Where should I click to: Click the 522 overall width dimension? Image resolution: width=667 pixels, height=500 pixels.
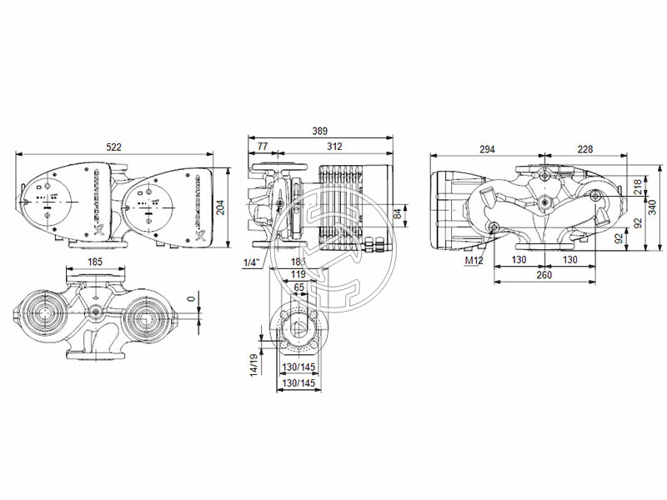click(x=113, y=147)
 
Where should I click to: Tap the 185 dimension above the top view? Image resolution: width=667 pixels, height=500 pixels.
click(x=94, y=262)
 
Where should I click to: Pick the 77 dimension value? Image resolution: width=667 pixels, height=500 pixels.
click(x=263, y=147)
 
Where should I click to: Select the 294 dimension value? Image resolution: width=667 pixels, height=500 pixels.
click(x=487, y=149)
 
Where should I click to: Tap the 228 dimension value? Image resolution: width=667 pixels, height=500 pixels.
click(x=584, y=149)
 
